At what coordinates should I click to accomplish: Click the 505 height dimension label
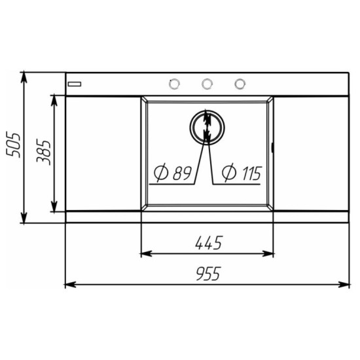13,145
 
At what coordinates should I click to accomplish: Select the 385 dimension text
44,153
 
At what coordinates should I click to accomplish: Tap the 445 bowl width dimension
209,243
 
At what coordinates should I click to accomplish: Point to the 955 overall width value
208,274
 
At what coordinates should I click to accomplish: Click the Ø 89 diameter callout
172,172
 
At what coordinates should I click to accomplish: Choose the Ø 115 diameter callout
242,172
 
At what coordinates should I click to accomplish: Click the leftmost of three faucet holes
174,84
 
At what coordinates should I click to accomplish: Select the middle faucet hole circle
207,84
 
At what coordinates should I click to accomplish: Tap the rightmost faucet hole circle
240,84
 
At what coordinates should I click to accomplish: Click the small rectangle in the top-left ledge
75,84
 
